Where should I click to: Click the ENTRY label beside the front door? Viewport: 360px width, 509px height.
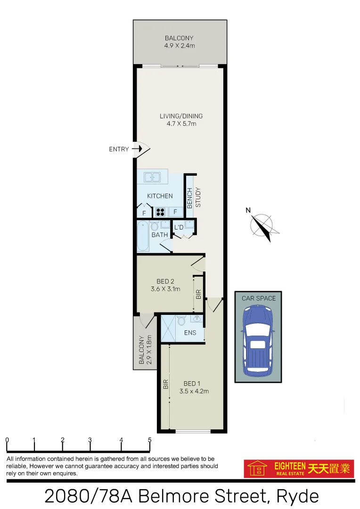click(x=119, y=149)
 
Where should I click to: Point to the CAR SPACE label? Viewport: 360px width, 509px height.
click(x=259, y=298)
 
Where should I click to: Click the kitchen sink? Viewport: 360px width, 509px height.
click(x=152, y=177)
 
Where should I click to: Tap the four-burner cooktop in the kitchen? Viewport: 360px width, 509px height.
click(x=161, y=212)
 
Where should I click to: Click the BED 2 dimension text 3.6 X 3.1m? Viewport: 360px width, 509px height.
click(x=165, y=289)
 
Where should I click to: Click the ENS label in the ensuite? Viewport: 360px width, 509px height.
click(x=190, y=333)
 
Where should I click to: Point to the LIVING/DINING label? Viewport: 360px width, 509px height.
click(x=181, y=116)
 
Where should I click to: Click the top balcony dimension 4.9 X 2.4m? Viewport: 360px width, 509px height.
click(x=179, y=46)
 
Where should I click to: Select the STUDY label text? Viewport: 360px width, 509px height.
click(x=198, y=197)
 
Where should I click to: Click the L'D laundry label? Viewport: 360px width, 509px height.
click(x=179, y=228)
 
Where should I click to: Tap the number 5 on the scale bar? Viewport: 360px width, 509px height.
click(x=149, y=440)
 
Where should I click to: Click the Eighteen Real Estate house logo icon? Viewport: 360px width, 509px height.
click(x=257, y=469)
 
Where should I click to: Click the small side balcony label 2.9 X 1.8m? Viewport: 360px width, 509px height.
click(x=145, y=351)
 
